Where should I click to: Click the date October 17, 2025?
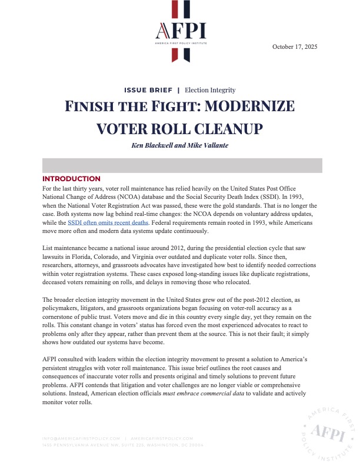(x=295, y=46)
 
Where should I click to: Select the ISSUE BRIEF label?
(x=148, y=90)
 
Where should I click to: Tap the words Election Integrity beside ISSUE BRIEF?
(x=210, y=90)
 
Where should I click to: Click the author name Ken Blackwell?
(x=153, y=145)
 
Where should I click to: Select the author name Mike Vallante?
(x=203, y=145)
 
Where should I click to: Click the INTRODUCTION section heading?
(x=71, y=179)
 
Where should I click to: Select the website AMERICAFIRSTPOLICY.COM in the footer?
(x=161, y=438)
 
